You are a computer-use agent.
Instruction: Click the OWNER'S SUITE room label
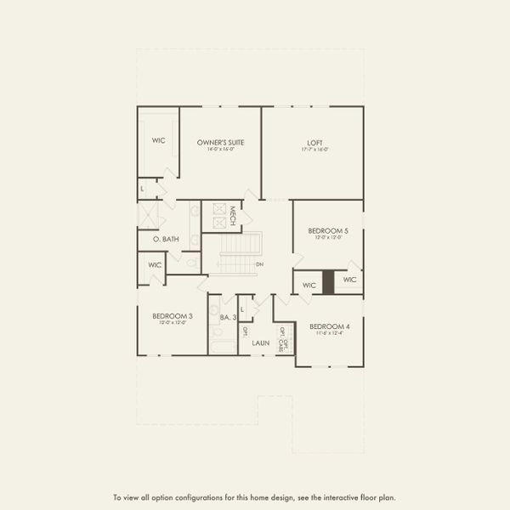(x=220, y=142)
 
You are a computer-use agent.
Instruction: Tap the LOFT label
(x=315, y=142)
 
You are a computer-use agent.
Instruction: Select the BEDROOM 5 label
(x=328, y=230)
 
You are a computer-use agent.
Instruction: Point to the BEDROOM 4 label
(x=330, y=326)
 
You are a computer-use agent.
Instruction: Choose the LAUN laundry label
(x=260, y=343)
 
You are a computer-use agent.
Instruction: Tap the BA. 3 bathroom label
(x=227, y=317)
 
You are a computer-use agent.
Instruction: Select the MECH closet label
(x=244, y=215)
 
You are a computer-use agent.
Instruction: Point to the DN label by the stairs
(x=259, y=264)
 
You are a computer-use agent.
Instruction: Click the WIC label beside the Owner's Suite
(x=158, y=140)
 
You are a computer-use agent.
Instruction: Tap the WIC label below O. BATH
(x=155, y=264)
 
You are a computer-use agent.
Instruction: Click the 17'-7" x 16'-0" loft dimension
(x=315, y=150)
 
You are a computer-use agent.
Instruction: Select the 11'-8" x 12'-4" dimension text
(x=330, y=334)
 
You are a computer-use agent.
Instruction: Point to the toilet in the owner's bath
(x=191, y=264)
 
